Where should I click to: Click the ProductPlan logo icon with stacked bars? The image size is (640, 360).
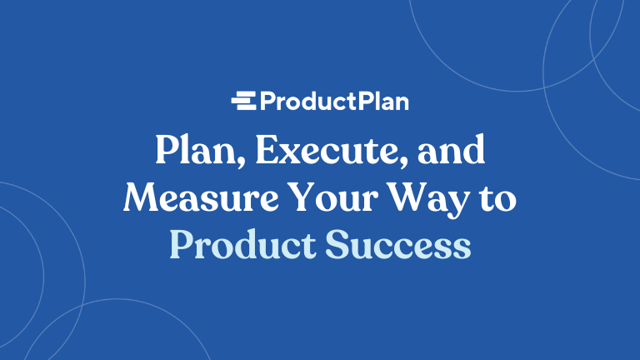pyautogui.click(x=244, y=102)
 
